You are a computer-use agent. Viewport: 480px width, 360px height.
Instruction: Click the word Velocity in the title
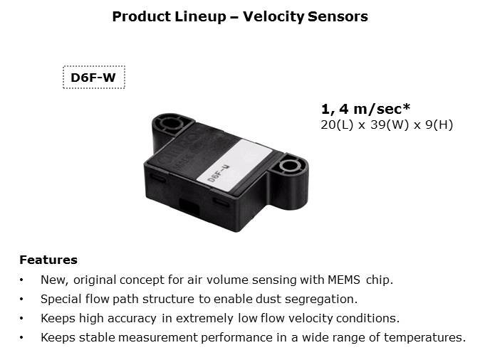(274, 17)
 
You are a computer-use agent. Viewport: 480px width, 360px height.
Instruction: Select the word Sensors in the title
(338, 16)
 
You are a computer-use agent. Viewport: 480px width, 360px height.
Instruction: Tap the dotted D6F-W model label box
(94, 77)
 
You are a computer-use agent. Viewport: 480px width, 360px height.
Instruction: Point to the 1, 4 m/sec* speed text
(365, 109)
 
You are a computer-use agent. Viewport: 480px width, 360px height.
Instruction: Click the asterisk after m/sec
(406, 107)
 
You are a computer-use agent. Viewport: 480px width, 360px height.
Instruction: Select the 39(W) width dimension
(390, 125)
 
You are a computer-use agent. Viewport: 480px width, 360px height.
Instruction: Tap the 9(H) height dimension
(439, 125)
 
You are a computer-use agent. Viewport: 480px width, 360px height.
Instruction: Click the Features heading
(48, 260)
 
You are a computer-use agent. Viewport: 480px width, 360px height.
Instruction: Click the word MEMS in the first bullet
(343, 280)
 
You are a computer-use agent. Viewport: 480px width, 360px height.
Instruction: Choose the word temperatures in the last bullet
(425, 338)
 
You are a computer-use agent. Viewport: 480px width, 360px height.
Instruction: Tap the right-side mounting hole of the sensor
(289, 165)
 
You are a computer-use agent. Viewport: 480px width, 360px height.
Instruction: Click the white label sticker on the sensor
(234, 166)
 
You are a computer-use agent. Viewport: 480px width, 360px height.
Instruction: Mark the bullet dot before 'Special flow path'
(21, 300)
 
